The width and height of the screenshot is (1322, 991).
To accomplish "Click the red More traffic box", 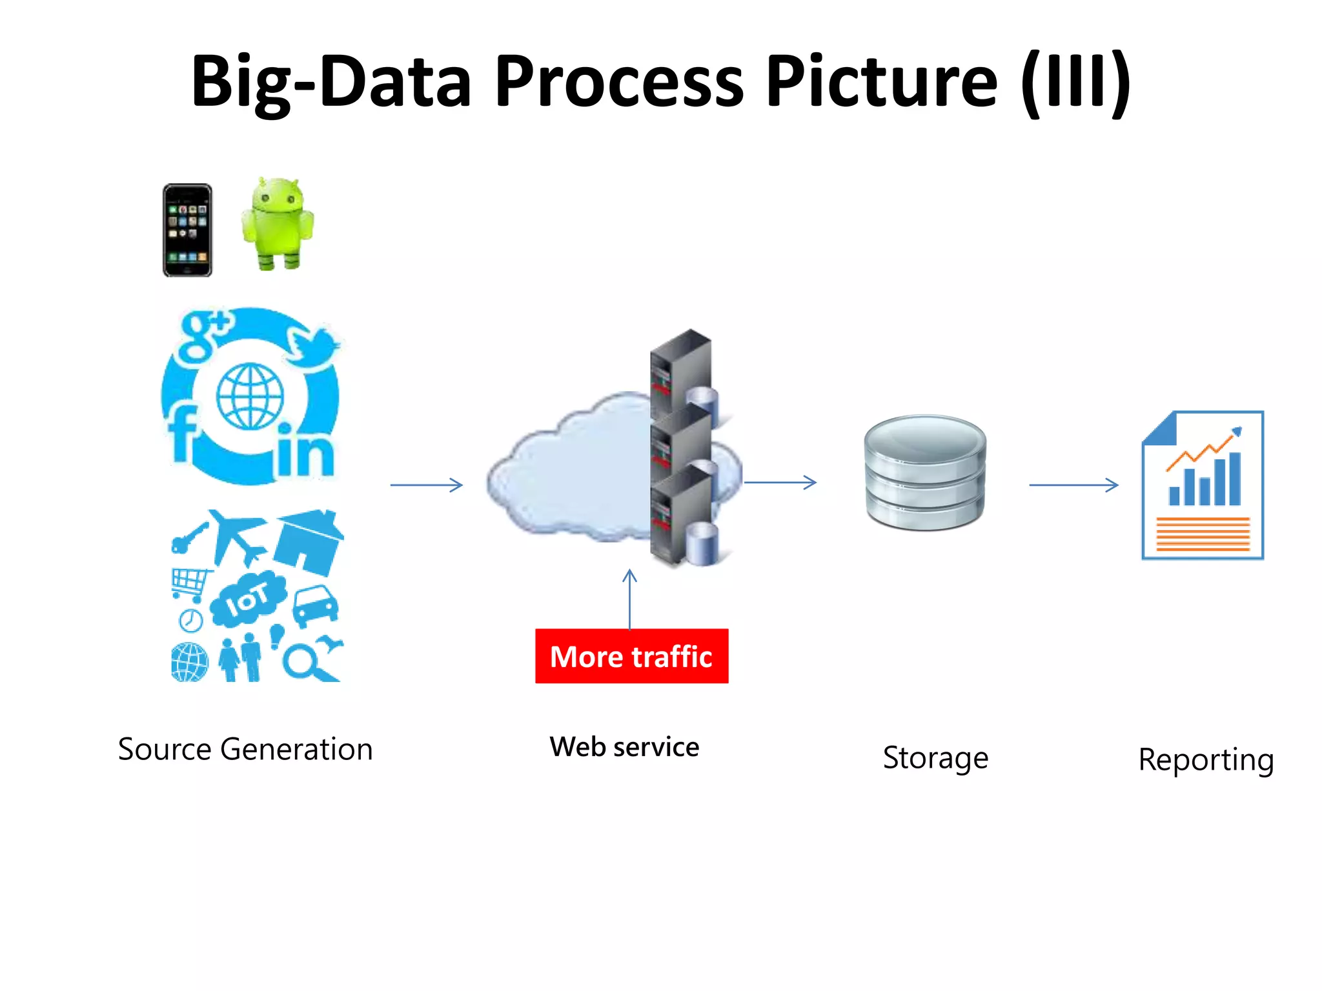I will [x=631, y=656].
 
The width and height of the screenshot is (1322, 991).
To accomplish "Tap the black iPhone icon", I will [x=187, y=230].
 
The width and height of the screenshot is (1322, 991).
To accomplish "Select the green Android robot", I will [x=278, y=224].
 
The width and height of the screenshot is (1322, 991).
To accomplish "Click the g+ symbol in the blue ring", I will [x=203, y=335].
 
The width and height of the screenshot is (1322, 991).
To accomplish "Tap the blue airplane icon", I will [x=236, y=535].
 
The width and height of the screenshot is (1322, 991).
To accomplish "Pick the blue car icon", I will [x=316, y=605].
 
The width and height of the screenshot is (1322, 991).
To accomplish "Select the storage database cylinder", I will [x=925, y=472].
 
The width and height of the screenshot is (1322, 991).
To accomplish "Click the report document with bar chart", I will [x=1203, y=485].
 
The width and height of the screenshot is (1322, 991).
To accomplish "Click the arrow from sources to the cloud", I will [x=427, y=485].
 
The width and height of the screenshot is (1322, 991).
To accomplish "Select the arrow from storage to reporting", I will [x=1073, y=485].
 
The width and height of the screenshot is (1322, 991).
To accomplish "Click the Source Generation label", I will [x=245, y=750].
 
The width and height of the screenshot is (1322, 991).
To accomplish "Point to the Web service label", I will [x=624, y=747].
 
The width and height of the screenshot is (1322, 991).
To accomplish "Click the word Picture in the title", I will [x=882, y=82].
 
